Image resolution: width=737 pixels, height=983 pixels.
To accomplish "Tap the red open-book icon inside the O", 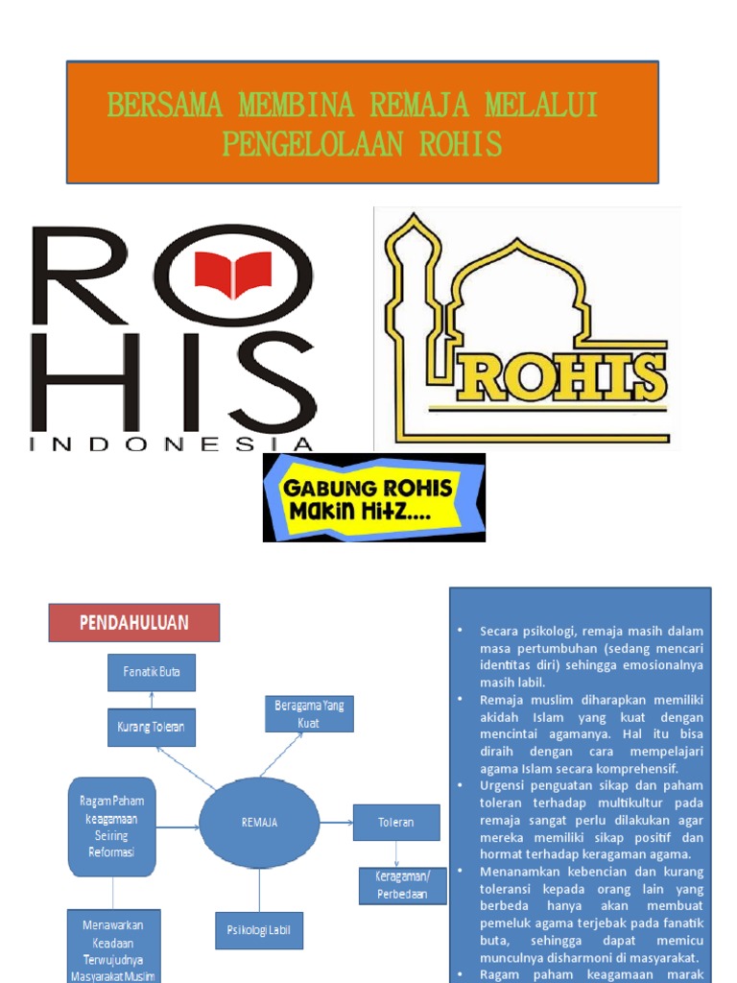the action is coord(233,270).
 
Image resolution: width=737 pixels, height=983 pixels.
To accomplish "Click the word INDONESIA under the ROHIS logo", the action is coord(173,444).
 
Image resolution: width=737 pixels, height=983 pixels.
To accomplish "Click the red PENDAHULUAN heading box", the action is coord(134,623).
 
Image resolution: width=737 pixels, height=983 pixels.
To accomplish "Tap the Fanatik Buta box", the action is coord(152,672).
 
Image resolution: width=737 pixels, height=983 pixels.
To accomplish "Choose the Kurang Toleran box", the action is coord(152,728).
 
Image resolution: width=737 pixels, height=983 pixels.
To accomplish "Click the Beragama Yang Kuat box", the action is coord(309,714).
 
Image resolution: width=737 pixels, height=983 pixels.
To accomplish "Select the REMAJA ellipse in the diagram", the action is coord(258,823).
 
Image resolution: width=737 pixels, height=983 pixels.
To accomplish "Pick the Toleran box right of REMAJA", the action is coord(396,823).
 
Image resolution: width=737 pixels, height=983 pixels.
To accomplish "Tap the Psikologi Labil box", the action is coord(258,929).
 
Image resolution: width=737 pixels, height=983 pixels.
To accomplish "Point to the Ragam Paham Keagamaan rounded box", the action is coord(111,826).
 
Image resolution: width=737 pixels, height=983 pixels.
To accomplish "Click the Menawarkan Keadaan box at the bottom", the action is coord(111,947).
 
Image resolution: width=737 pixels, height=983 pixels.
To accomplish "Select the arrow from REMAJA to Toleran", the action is coord(336,823).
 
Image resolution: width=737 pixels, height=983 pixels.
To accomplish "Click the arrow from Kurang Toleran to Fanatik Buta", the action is coord(152,700).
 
